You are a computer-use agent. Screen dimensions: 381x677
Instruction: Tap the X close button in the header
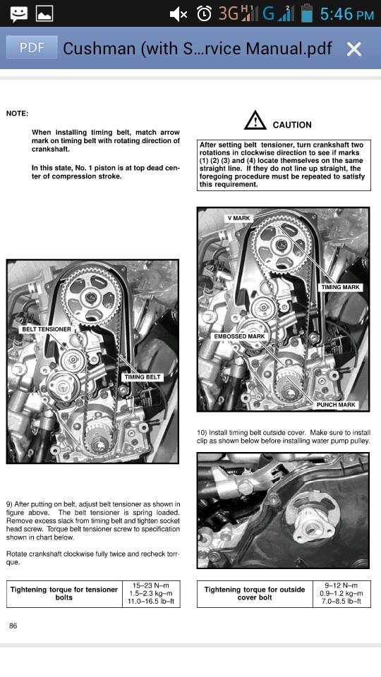click(x=353, y=49)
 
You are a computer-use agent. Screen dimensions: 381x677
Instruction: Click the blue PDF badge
click(x=32, y=47)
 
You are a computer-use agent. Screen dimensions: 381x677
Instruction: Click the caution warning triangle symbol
click(x=255, y=121)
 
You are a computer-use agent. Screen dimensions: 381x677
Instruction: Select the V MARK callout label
click(x=239, y=218)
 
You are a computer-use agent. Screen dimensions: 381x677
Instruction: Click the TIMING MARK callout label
click(x=340, y=287)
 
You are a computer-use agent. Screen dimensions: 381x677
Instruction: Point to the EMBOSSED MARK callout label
click(x=239, y=336)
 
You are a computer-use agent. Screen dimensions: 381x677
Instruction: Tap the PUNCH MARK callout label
click(x=336, y=405)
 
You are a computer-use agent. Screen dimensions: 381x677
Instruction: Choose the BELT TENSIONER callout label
click(x=47, y=329)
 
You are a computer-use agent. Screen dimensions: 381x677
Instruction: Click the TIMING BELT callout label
click(x=142, y=377)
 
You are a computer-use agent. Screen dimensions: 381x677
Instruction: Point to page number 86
click(x=13, y=626)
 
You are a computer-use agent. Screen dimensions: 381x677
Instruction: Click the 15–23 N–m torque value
click(x=150, y=585)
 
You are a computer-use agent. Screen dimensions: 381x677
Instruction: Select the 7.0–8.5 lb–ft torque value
click(x=341, y=601)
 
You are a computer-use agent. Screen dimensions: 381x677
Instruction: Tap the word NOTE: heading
click(x=17, y=114)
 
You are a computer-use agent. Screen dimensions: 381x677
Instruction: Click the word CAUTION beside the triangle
click(x=292, y=125)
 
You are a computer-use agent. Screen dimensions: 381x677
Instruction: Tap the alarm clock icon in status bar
click(x=204, y=14)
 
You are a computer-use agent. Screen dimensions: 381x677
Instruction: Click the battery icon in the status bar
click(x=307, y=13)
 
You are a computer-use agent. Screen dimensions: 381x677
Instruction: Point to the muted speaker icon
click(x=178, y=14)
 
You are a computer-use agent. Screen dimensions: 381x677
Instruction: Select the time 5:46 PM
click(x=347, y=14)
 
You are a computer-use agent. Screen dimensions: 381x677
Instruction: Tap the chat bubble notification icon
click(x=19, y=14)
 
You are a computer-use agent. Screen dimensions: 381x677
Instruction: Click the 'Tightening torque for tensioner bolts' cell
click(x=64, y=594)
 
